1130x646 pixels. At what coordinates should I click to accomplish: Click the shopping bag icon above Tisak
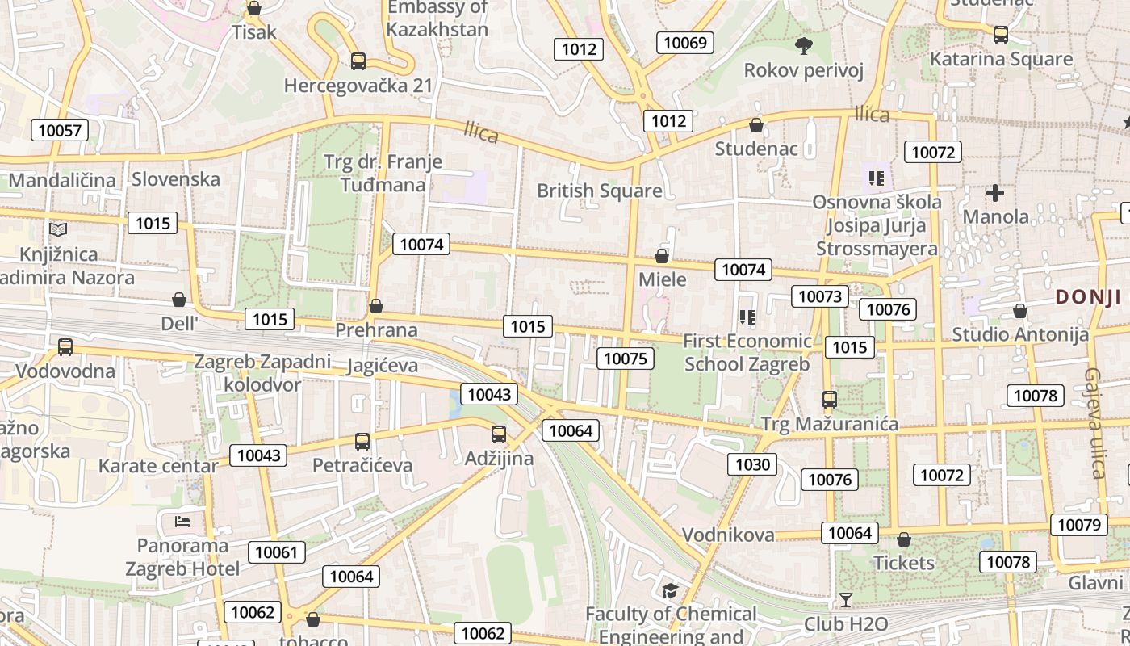(x=254, y=9)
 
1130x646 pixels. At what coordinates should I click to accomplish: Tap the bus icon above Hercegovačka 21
(x=358, y=61)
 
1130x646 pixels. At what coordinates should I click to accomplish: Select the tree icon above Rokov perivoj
(x=803, y=45)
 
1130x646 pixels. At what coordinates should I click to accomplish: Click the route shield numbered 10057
(x=60, y=130)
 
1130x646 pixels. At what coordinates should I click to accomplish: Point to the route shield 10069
(x=685, y=43)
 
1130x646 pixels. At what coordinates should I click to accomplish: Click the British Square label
(x=599, y=191)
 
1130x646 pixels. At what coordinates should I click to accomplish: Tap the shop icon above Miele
(x=662, y=256)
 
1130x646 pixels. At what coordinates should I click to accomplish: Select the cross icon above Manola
(x=995, y=193)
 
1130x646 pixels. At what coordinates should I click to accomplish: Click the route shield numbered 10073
(x=820, y=296)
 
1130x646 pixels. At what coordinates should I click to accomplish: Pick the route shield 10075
(x=626, y=359)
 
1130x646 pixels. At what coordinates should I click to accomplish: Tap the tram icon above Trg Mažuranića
(x=829, y=399)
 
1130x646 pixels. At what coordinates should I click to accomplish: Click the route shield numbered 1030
(x=753, y=464)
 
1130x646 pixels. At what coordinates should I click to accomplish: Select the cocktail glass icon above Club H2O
(x=845, y=600)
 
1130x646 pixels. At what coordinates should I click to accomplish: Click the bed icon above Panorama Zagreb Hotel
(x=182, y=521)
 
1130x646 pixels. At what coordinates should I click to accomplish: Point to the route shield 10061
(x=277, y=553)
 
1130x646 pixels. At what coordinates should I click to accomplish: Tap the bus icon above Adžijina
(x=499, y=434)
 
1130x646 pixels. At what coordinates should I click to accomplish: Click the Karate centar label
(x=158, y=466)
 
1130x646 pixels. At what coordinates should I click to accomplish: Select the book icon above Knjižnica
(x=57, y=230)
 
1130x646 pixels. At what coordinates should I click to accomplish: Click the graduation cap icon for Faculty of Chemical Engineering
(x=670, y=591)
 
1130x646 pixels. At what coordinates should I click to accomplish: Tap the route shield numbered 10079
(x=1079, y=525)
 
